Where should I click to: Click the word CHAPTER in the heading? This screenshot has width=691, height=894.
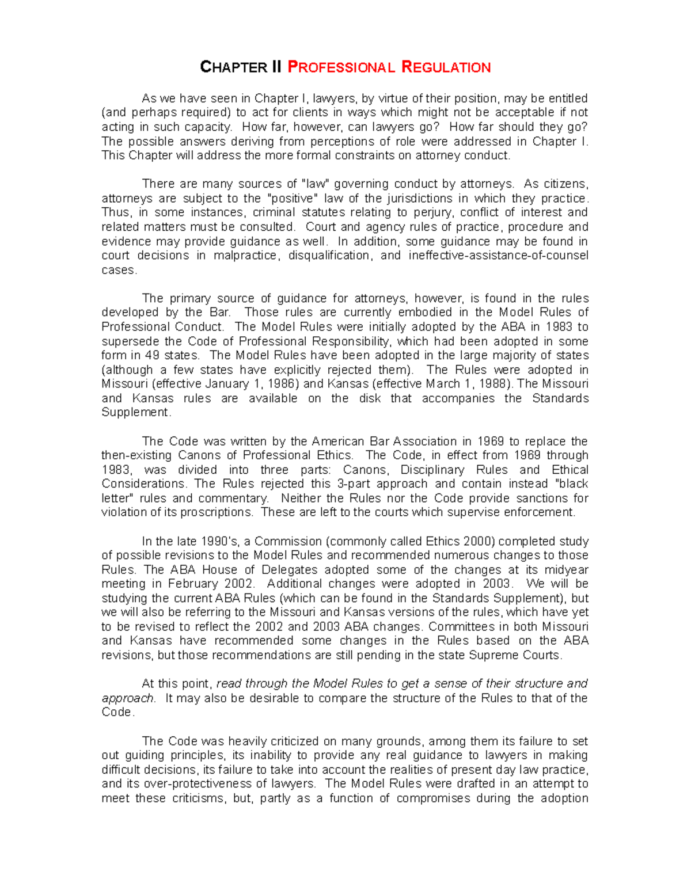tap(233, 67)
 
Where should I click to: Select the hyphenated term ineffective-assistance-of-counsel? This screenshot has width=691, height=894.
tap(498, 255)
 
